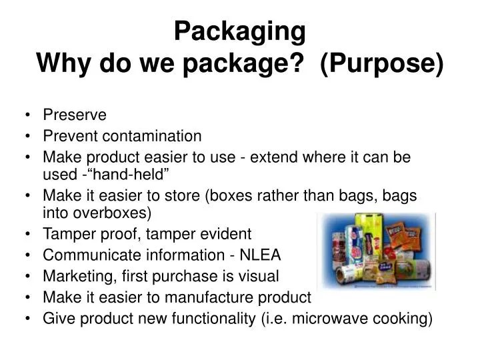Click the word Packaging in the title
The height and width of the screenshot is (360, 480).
pyautogui.click(x=240, y=31)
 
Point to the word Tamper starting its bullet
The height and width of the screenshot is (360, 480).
pyautogui.click(x=65, y=235)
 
